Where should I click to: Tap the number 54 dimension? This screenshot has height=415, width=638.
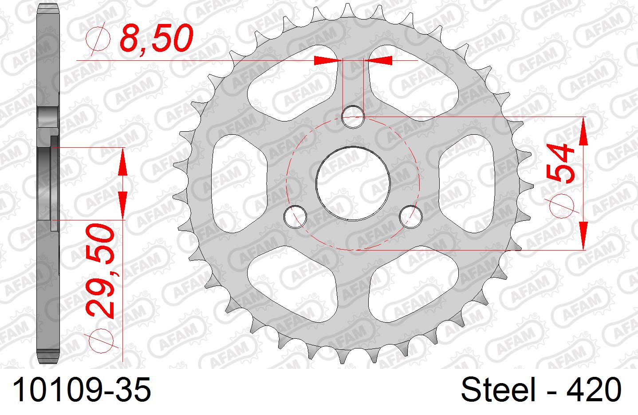click(x=560, y=163)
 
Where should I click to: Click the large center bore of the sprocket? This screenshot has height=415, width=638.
click(x=353, y=183)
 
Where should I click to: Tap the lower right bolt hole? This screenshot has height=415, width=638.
click(x=410, y=216)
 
